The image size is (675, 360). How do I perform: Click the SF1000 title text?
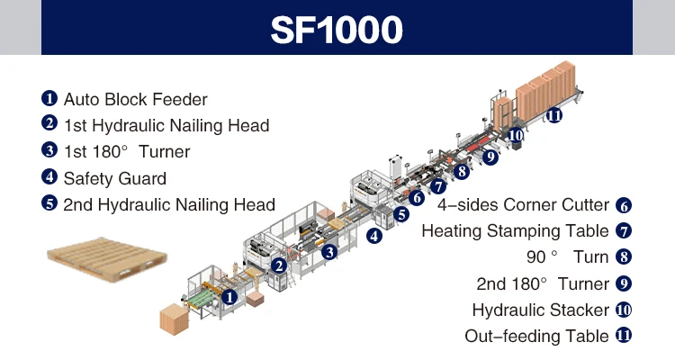pos(337,30)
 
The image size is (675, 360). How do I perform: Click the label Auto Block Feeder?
pos(135,99)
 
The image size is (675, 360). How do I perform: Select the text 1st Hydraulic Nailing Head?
pos(166,125)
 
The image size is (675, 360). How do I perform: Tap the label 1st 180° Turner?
pos(127,151)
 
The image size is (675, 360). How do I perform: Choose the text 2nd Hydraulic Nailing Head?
pos(169,204)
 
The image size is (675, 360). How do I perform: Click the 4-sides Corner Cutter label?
pos(523,205)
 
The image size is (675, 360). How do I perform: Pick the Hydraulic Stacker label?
pos(540,310)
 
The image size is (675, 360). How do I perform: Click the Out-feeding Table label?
pos(536,337)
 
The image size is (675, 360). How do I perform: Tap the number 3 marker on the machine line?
pos(330,252)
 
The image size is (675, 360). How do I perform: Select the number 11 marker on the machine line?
pos(553,115)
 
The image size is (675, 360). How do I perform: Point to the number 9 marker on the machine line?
pos(490,157)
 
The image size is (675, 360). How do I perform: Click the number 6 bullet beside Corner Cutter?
pos(624,205)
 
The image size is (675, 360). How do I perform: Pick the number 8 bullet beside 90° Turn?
pos(624,257)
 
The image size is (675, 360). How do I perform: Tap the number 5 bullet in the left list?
pos(49,204)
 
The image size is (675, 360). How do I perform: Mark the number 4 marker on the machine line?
pos(373,236)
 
